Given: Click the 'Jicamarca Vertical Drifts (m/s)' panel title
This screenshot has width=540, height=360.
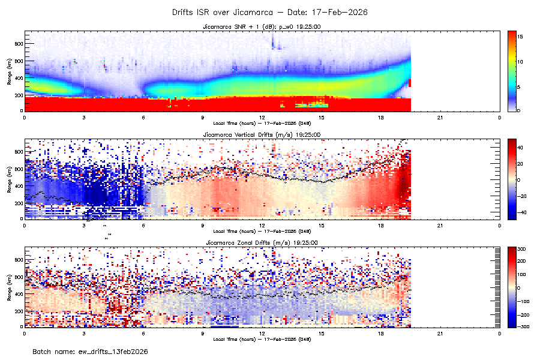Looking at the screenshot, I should click(x=262, y=135).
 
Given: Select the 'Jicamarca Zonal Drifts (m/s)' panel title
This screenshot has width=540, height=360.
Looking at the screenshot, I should click(x=262, y=242).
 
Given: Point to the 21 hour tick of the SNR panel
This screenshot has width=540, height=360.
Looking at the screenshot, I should click(x=440, y=117).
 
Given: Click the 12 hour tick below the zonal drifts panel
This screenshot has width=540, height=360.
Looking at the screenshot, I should click(x=262, y=333).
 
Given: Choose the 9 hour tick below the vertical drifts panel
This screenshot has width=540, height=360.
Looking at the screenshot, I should click(x=203, y=225).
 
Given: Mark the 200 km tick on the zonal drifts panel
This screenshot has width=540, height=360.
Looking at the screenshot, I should click(x=19, y=311).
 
